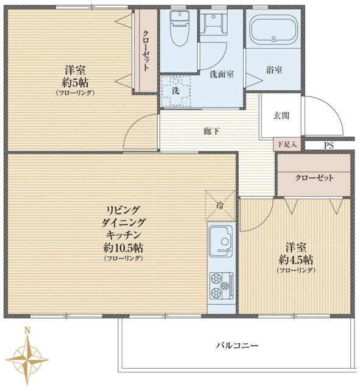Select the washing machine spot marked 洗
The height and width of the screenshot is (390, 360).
(175, 90)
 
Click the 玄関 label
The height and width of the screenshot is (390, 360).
(281, 115)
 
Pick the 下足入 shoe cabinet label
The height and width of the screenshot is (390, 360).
(286, 145)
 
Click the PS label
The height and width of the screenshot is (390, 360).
(329, 146)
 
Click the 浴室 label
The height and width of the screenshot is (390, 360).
(274, 70)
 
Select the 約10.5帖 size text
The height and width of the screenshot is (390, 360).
(124, 248)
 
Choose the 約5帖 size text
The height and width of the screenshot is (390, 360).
(76, 82)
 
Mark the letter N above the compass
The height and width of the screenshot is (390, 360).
(26, 331)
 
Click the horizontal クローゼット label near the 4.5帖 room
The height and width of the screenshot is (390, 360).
(314, 178)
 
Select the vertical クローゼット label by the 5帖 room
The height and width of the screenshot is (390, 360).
(146, 52)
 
